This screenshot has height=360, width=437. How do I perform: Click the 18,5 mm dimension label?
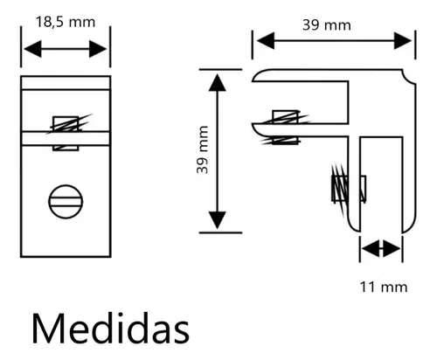tap(66, 22)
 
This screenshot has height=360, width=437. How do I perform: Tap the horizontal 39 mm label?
tap(327, 25)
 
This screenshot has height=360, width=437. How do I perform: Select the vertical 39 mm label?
tap(203, 149)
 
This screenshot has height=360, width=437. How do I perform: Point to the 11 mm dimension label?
tap(384, 287)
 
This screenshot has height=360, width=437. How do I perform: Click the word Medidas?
tap(111, 329)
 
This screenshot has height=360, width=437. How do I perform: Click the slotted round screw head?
tap(66, 202)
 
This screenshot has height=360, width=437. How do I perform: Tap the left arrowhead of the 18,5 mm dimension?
tap(32, 49)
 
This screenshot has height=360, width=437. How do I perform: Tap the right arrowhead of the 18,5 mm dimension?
tap(98, 49)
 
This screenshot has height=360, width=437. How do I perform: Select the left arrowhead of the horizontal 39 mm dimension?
tap(266, 41)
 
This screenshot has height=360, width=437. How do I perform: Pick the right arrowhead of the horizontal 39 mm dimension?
tap(403, 41)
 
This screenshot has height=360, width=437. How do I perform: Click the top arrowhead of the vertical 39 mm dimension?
tap(218, 82)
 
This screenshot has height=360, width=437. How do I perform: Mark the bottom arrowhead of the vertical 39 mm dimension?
tap(218, 220)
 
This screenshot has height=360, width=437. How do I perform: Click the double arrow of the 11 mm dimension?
tap(381, 249)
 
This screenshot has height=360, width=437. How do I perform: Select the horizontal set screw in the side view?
tap(286, 127)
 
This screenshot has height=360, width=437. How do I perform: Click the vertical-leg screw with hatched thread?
tap(349, 190)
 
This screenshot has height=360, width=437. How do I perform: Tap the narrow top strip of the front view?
tap(66, 83)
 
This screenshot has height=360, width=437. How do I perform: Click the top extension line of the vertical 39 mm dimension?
tap(220, 69)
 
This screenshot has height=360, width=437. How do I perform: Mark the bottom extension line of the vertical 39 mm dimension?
tap(220, 232)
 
